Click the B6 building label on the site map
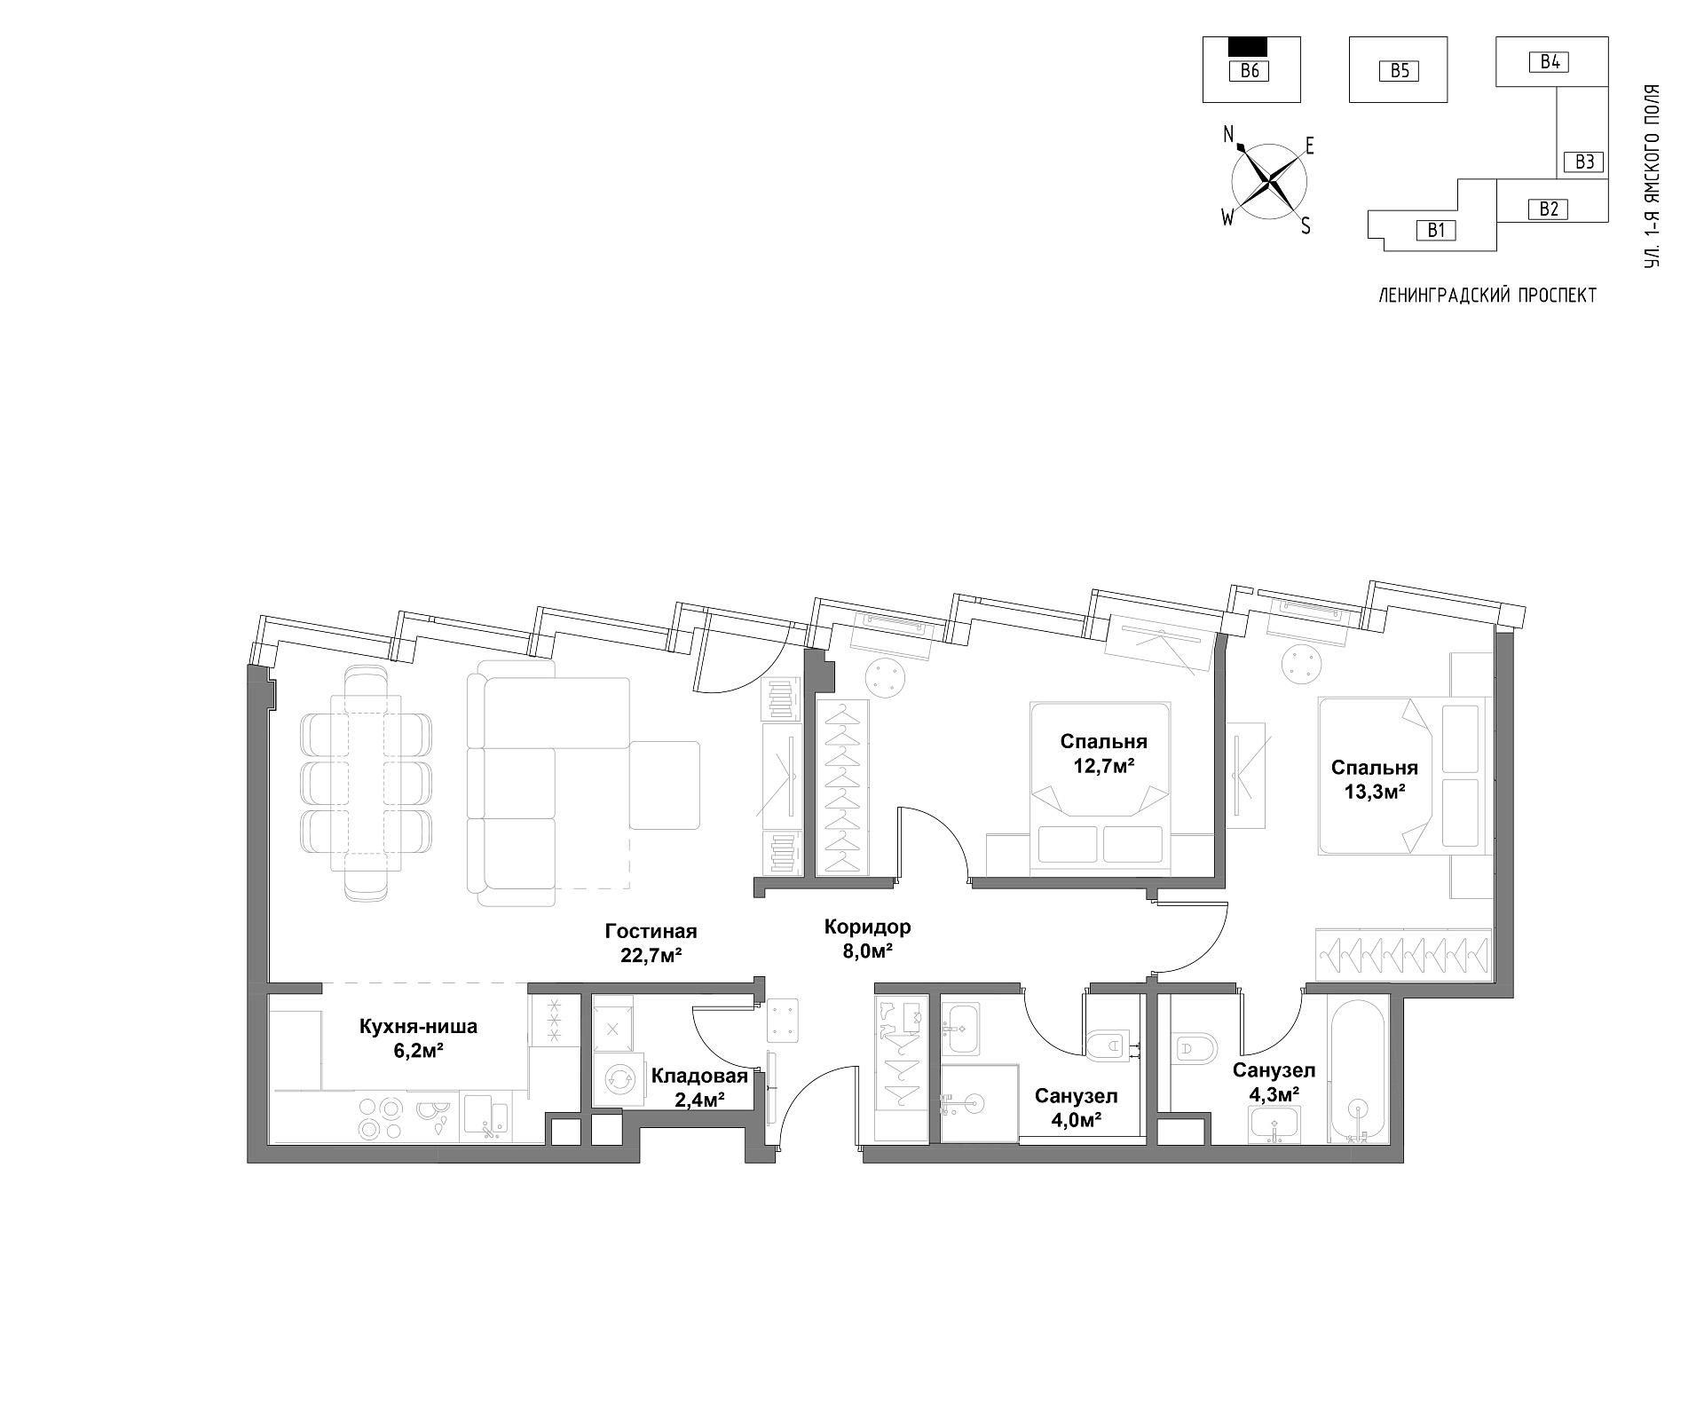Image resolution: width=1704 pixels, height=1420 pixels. tap(1250, 72)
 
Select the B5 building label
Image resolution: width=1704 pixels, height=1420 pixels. tap(1400, 71)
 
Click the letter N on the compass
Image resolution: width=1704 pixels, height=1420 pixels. tap(1229, 135)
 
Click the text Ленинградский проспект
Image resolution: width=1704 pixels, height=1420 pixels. tap(1487, 296)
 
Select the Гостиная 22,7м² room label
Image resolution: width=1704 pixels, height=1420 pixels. tap(651, 943)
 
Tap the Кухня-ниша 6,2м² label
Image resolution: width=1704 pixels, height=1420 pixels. tap(418, 1037)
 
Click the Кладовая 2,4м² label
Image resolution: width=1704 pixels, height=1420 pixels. tap(699, 1087)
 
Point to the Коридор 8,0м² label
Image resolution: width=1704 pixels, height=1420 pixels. tap(867, 939)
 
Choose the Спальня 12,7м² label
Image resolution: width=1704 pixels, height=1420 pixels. tap(1104, 753)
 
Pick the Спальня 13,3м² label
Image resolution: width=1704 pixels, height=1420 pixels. tap(1374, 779)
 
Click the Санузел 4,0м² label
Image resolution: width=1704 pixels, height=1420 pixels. tap(1076, 1108)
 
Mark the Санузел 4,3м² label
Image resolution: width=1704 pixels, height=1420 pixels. tap(1274, 1082)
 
